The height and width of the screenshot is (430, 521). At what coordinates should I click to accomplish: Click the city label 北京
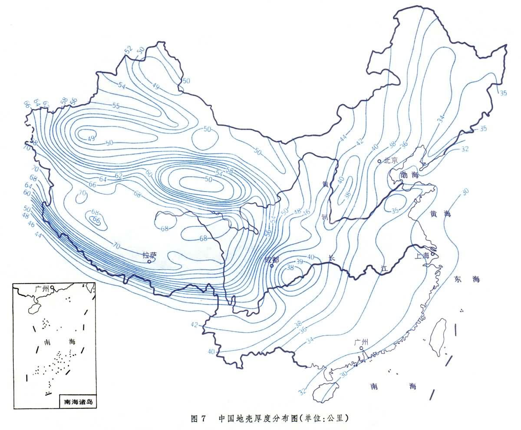[391, 160]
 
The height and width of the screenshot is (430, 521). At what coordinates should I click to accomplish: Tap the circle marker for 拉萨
[149, 261]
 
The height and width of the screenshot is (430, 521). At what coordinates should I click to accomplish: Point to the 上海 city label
[422, 256]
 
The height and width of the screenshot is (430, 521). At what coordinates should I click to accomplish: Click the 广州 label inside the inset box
[43, 288]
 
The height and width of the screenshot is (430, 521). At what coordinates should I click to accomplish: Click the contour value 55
[116, 106]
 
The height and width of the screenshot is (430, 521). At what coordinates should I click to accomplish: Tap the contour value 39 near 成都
[300, 261]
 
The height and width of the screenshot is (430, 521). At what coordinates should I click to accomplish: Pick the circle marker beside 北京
[379, 161]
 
